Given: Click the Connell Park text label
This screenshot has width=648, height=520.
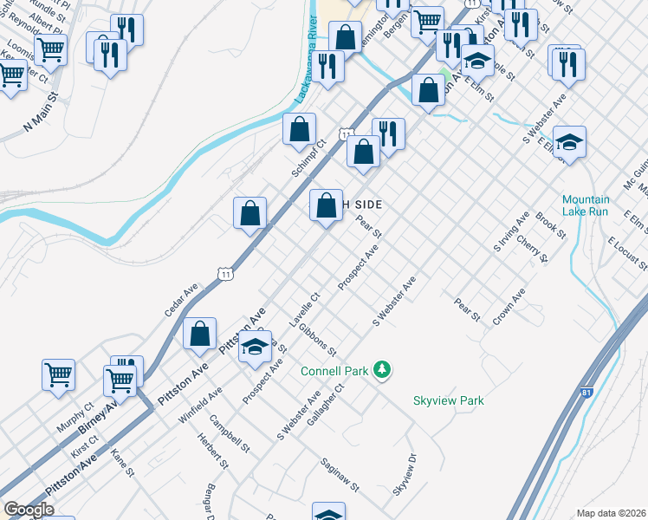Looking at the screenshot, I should (x=335, y=371).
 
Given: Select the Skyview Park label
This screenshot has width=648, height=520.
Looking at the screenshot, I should (x=448, y=400).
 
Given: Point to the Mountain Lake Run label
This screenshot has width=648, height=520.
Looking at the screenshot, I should (x=585, y=205).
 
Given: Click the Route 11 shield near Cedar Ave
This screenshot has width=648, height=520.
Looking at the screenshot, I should (x=226, y=273).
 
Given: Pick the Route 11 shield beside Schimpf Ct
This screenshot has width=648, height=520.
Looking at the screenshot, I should (x=346, y=134).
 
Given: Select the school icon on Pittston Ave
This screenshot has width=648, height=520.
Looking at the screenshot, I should (x=255, y=347).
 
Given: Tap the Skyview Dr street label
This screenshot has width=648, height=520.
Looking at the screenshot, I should (x=405, y=475).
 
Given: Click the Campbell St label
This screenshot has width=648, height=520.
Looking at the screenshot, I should (x=230, y=435).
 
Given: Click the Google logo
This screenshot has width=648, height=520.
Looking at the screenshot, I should (x=29, y=510).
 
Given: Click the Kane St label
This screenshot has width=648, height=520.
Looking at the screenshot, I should (x=122, y=461).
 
